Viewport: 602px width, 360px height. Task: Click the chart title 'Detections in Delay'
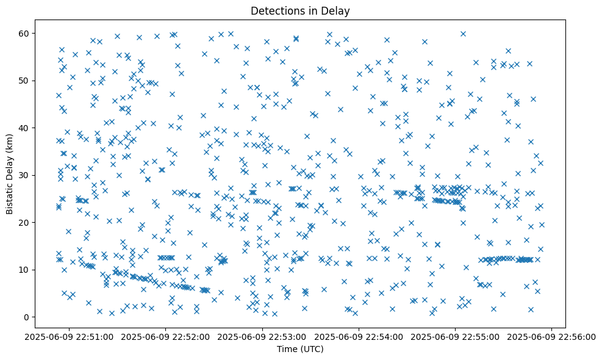click(301, 10)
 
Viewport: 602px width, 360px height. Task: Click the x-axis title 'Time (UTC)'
click(301, 349)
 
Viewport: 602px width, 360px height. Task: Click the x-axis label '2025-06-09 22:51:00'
click(69, 336)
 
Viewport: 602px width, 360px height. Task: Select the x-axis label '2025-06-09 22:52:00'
click(165, 336)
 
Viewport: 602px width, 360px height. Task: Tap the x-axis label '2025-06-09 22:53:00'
click(262, 336)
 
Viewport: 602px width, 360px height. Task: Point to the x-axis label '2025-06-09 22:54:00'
click(359, 336)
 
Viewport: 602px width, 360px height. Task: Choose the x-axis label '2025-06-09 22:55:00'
click(456, 336)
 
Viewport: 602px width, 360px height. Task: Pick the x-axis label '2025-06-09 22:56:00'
click(552, 336)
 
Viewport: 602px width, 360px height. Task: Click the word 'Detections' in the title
click(275, 10)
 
